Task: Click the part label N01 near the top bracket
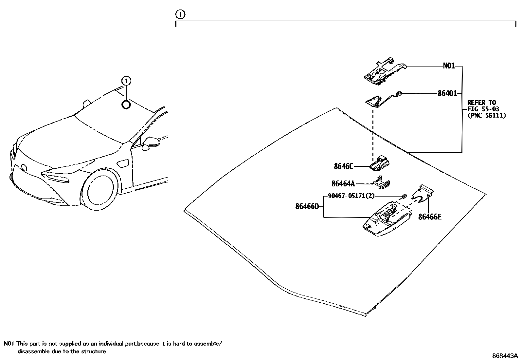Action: pyautogui.click(x=449, y=66)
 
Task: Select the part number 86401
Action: pyautogui.click(x=447, y=93)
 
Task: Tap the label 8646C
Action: pyautogui.click(x=344, y=166)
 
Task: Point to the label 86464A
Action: pyautogui.click(x=343, y=184)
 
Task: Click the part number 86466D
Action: pyautogui.click(x=307, y=206)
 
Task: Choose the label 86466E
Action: pyautogui.click(x=430, y=217)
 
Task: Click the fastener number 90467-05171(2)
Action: pyautogui.click(x=351, y=196)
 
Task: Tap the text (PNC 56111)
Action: pyautogui.click(x=486, y=115)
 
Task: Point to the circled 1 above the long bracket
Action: pyautogui.click(x=180, y=14)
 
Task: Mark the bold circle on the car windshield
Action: pyautogui.click(x=126, y=105)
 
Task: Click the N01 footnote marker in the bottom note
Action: pyautogui.click(x=9, y=344)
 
